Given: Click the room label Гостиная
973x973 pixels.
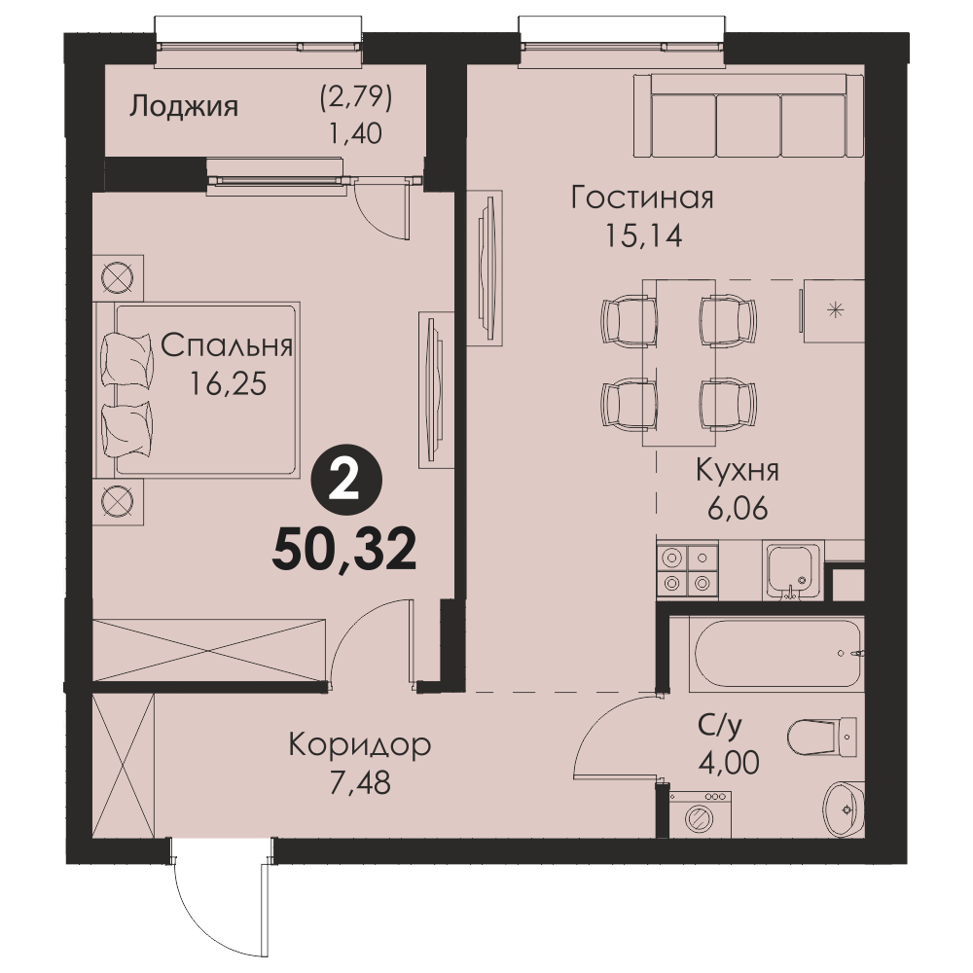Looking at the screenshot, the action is tap(642, 198).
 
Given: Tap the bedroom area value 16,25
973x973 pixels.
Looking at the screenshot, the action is tap(228, 384).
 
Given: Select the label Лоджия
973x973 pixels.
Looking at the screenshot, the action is tap(184, 107).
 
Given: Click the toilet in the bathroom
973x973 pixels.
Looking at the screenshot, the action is tap(822, 737).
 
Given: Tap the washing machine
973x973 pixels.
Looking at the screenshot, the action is tap(700, 813).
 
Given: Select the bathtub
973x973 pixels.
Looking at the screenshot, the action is tap(776, 654).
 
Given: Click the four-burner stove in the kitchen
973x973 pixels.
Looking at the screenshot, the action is tap(687, 569).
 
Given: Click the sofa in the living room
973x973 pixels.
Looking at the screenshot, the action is tap(748, 116).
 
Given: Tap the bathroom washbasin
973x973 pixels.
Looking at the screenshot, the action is tap(844, 809).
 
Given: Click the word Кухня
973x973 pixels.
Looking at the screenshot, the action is tap(738, 471).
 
